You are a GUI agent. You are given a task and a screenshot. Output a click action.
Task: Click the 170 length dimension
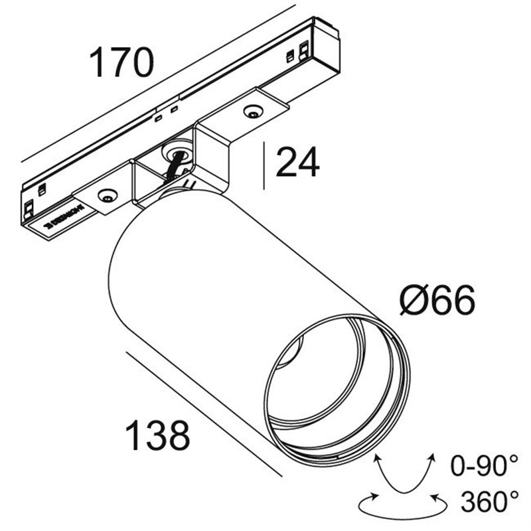(x=122, y=63)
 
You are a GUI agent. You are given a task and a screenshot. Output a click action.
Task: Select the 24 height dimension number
(x=297, y=163)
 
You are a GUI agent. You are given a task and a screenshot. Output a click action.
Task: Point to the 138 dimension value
(x=158, y=436)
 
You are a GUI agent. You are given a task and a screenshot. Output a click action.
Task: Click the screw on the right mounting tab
(x=252, y=112)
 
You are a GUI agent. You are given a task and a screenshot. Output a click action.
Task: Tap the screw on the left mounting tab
(x=106, y=195)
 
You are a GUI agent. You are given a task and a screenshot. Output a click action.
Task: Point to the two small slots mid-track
(x=167, y=114)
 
